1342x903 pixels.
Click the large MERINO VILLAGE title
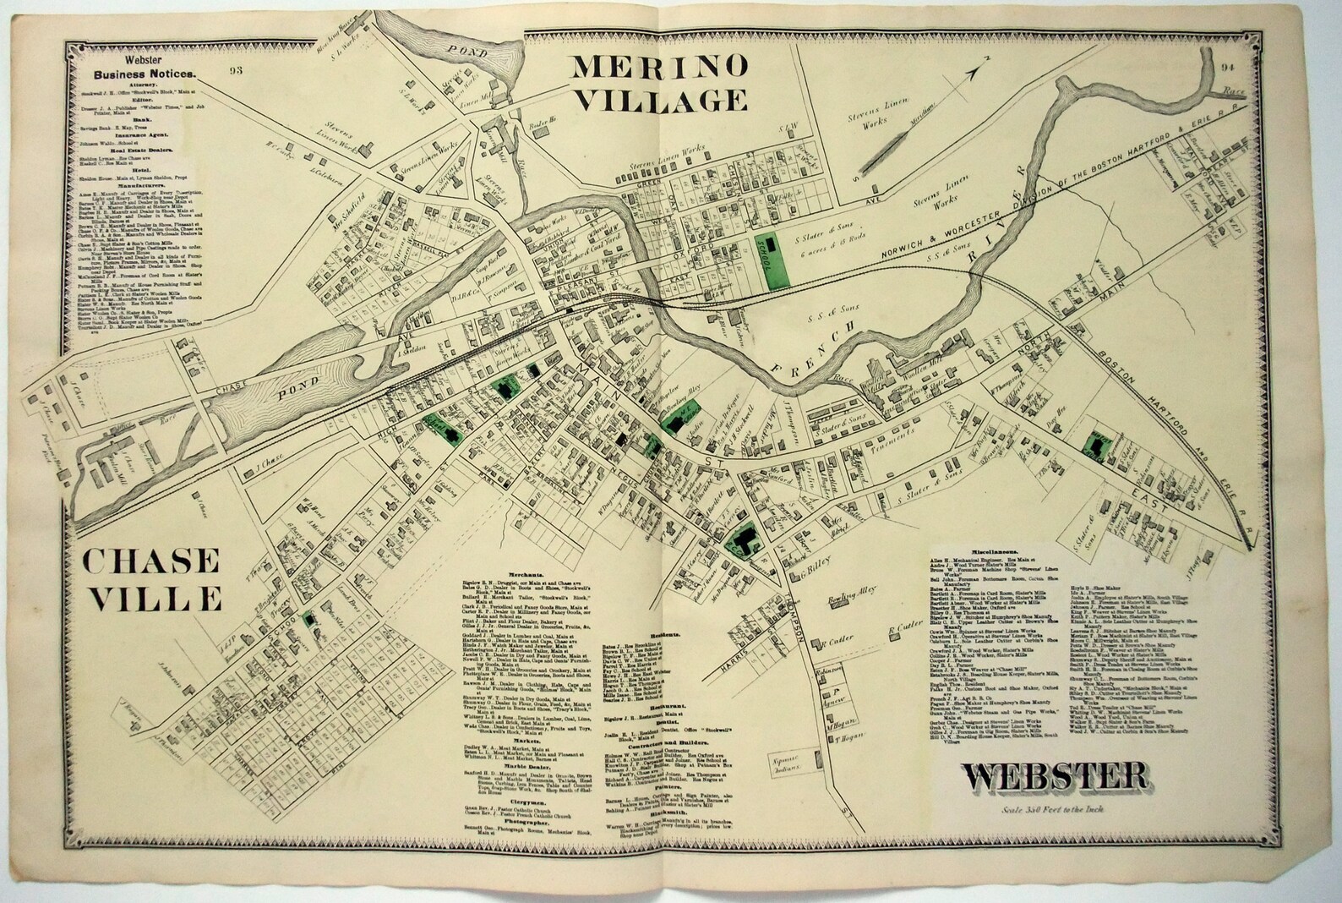tap(661, 83)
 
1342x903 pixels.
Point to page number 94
tap(1229, 68)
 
